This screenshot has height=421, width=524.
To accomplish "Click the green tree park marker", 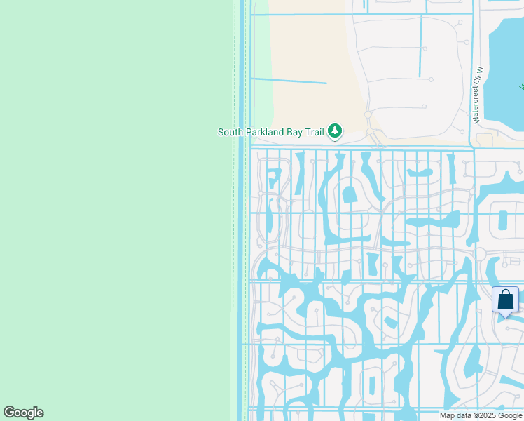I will (336, 131).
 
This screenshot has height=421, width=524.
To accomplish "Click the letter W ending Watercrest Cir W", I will (480, 70).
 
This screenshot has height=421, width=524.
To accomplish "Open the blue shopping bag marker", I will (505, 301).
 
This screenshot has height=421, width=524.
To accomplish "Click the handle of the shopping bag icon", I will (505, 295).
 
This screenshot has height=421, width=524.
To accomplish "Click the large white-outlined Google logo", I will (24, 413).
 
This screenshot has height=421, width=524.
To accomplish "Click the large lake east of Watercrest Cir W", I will (508, 70).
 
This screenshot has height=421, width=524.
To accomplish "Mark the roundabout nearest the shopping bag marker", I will (481, 254).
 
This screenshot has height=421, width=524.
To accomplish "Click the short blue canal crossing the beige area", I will (289, 81).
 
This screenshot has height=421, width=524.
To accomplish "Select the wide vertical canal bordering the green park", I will (242, 210).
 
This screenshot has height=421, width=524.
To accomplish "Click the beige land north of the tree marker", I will (308, 49).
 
